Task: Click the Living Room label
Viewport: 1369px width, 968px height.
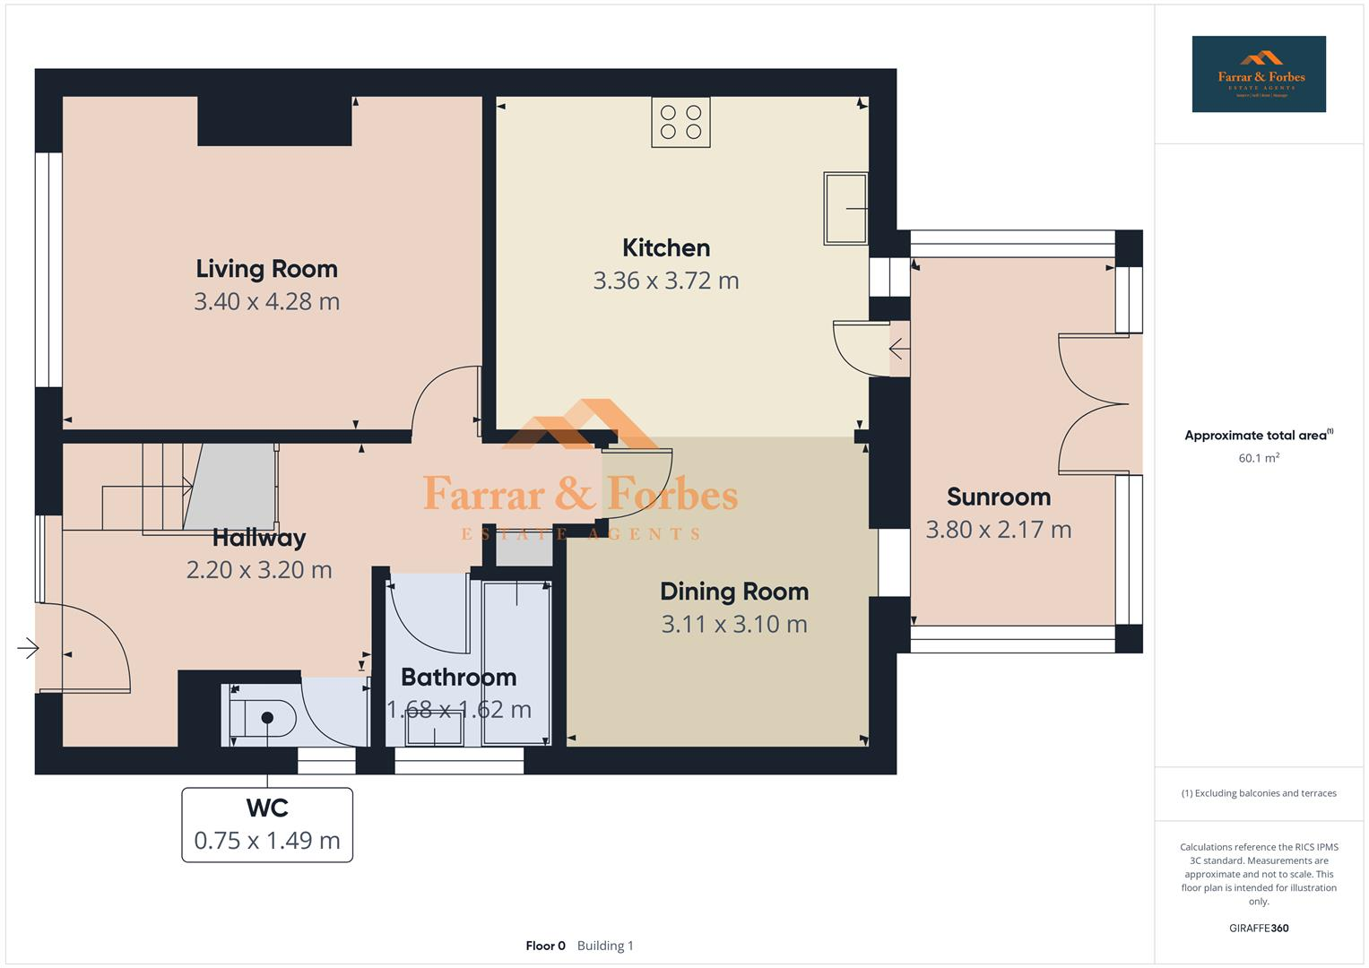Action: (266, 269)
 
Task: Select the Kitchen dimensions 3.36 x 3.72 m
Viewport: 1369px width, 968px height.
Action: (665, 281)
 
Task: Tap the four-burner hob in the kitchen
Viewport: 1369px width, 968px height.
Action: (680, 123)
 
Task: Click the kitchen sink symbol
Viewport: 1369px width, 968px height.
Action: (845, 208)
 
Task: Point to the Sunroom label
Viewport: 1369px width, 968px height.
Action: (998, 497)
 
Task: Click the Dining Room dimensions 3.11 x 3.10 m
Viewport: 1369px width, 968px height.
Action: (733, 624)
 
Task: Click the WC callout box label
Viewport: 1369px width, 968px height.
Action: (266, 808)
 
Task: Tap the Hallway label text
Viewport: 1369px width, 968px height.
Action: (259, 538)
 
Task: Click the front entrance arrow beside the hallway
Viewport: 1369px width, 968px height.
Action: (28, 647)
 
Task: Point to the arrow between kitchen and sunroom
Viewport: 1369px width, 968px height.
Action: (897, 348)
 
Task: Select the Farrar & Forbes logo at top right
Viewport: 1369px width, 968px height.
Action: (1258, 74)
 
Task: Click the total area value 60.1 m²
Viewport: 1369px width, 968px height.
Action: (1258, 458)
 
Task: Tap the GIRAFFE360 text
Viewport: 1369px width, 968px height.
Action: (1258, 929)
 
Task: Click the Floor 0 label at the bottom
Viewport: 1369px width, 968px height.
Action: (545, 946)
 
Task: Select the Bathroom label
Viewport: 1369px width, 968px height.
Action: (458, 677)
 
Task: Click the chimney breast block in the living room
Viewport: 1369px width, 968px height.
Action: (273, 121)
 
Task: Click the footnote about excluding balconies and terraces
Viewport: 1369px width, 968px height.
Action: (1258, 793)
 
